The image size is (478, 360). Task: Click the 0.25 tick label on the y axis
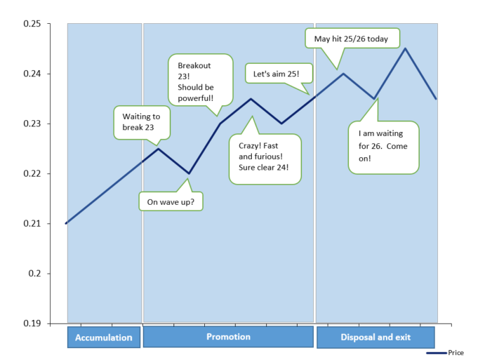[x=32, y=23]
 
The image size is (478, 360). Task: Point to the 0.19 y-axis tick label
[x=32, y=323]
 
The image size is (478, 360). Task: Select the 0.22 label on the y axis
[x=32, y=173]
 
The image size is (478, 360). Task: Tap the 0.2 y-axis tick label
[x=34, y=274]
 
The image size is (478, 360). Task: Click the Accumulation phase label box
[x=104, y=337]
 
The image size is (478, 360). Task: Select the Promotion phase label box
[x=228, y=337]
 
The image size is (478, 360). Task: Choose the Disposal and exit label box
[x=376, y=337]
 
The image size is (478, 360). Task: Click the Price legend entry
[x=445, y=353]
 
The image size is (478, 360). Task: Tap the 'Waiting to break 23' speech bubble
[x=142, y=123]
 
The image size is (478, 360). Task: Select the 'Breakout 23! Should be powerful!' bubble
[x=201, y=80]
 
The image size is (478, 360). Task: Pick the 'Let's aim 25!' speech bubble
[x=279, y=74]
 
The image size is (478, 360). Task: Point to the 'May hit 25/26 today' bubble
[x=352, y=39]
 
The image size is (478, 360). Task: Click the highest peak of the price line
[x=405, y=48]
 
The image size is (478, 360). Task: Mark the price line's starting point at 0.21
[x=66, y=223]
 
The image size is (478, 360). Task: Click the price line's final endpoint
[x=436, y=98]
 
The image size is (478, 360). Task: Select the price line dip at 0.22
[x=189, y=173]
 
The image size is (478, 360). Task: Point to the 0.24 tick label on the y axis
[x=32, y=74]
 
